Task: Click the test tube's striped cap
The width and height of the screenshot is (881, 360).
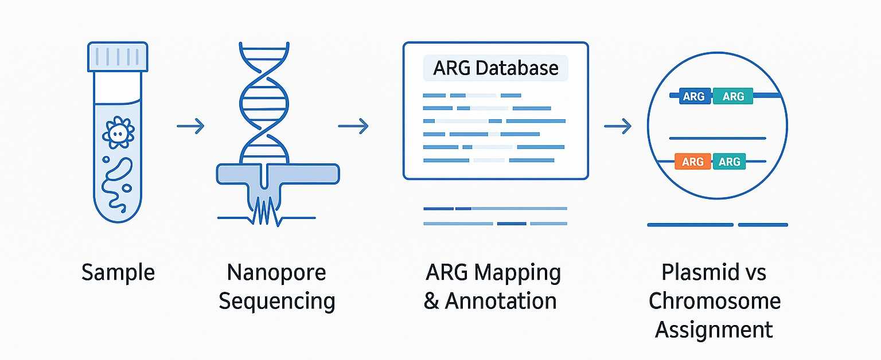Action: click(x=117, y=57)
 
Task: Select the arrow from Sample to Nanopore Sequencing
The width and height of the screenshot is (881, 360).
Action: click(x=190, y=126)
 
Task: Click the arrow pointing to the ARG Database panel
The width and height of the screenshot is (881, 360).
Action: click(x=353, y=126)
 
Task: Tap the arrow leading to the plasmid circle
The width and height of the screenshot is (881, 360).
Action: click(x=617, y=126)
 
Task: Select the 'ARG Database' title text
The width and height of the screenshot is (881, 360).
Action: click(x=496, y=68)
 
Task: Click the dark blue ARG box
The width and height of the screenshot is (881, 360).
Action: click(x=694, y=96)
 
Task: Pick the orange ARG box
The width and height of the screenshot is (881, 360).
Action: click(x=693, y=162)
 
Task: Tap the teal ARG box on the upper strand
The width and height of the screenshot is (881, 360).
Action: click(x=733, y=96)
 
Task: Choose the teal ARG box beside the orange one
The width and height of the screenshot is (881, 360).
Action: click(x=729, y=162)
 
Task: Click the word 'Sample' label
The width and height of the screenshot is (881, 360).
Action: click(x=118, y=272)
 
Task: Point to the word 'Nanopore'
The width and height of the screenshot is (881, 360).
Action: click(x=276, y=272)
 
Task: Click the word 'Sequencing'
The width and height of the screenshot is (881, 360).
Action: click(x=276, y=301)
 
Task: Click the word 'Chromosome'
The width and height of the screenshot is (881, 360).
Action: click(x=714, y=301)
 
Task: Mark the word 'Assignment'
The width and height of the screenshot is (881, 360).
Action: click(x=714, y=330)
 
